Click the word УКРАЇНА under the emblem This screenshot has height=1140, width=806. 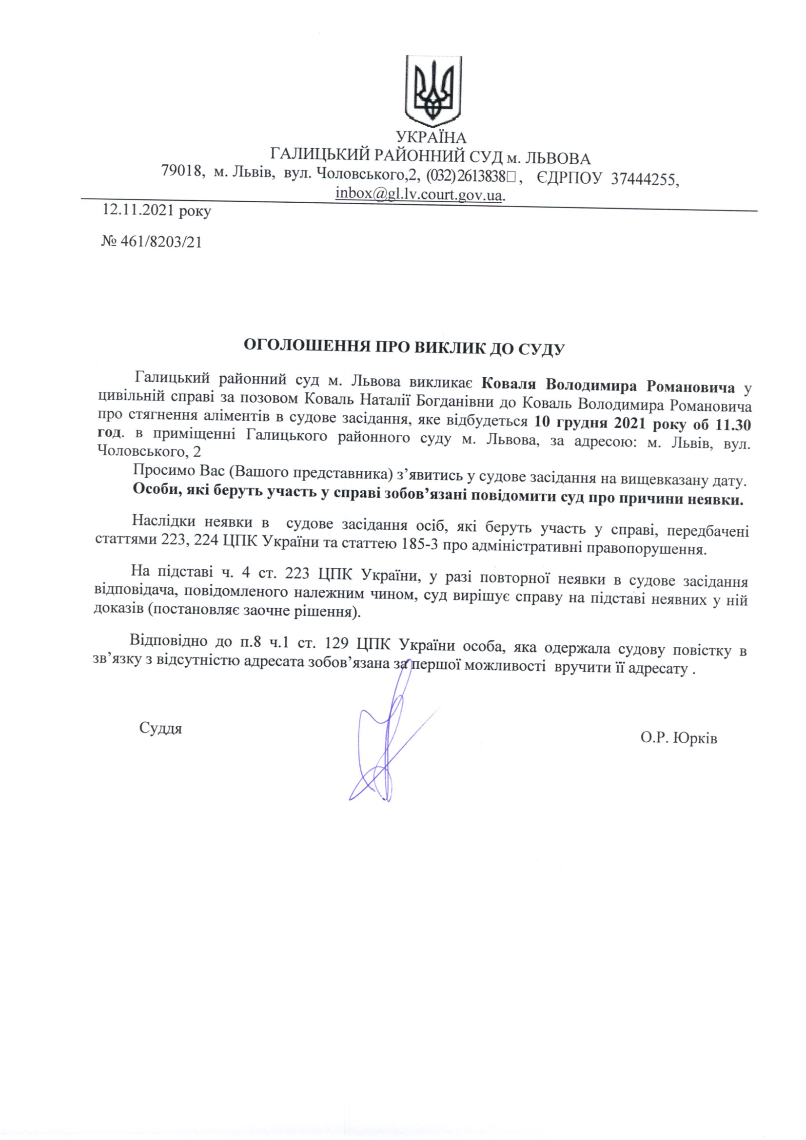pyautogui.click(x=431, y=137)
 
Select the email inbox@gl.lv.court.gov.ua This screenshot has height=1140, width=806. pyautogui.click(x=419, y=193)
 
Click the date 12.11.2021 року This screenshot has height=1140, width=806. pyautogui.click(x=157, y=212)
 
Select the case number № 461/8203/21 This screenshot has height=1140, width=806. pyautogui.click(x=152, y=242)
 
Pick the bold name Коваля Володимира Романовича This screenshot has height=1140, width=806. pyautogui.click(x=609, y=386)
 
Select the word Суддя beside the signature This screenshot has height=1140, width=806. pyautogui.click(x=160, y=728)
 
